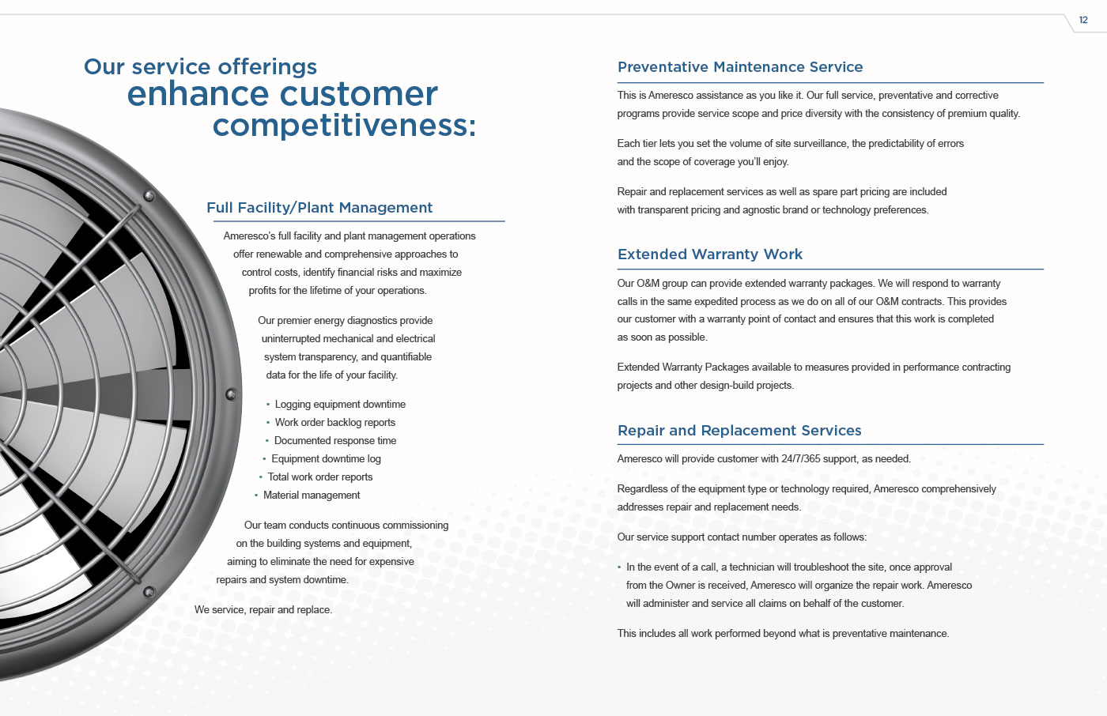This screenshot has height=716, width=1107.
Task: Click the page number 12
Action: click(1083, 21)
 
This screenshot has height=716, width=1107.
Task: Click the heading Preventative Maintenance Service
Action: click(740, 66)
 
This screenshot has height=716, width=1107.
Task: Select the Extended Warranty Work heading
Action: click(710, 254)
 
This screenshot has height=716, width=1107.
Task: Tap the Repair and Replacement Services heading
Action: click(739, 430)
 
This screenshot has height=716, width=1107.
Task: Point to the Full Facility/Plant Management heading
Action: click(319, 207)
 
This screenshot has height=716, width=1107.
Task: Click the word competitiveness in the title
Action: click(345, 126)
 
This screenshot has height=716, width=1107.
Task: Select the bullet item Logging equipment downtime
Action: click(340, 405)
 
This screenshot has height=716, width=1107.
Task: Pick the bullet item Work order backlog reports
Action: click(335, 423)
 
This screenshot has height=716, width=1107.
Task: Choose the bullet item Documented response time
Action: click(335, 440)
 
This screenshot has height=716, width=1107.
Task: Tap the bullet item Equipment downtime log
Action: click(326, 458)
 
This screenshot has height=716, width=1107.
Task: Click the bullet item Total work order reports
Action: click(320, 477)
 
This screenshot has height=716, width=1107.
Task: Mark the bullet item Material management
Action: click(312, 496)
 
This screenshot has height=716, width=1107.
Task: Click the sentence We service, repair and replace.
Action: click(263, 610)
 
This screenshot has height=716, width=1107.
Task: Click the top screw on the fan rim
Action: click(149, 196)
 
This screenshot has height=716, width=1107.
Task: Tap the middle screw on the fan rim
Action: click(231, 394)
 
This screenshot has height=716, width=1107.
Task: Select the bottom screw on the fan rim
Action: click(149, 592)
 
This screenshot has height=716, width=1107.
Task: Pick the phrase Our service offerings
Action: click(200, 66)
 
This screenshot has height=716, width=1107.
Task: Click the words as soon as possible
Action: click(663, 337)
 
